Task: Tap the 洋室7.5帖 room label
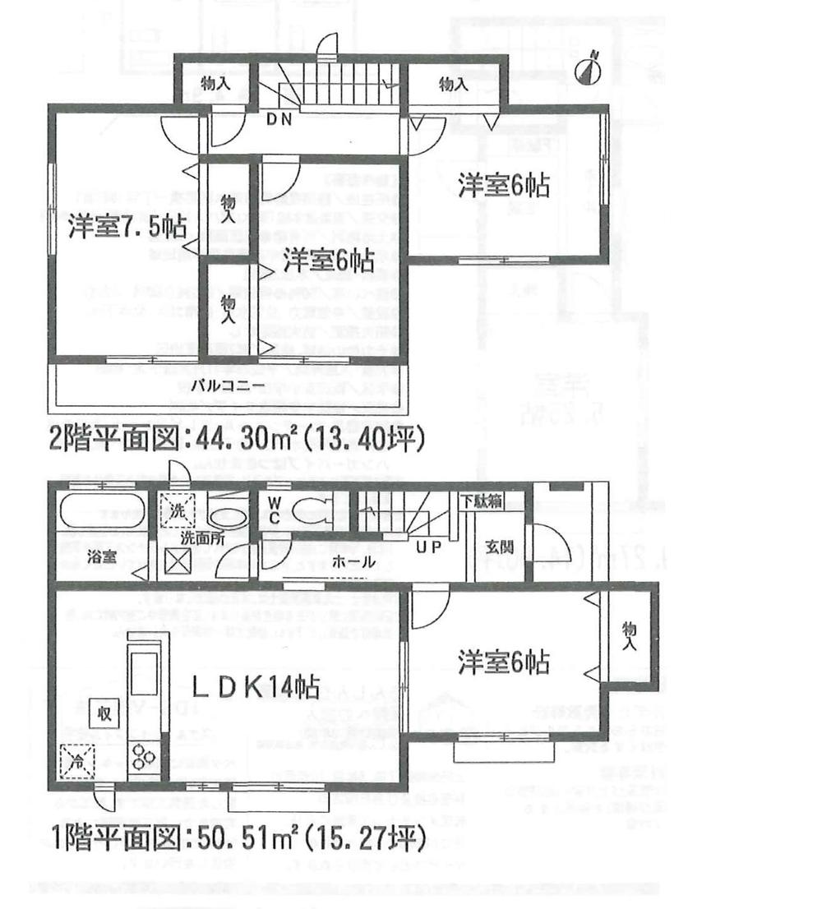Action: (x=127, y=226)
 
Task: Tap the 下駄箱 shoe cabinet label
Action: (x=480, y=501)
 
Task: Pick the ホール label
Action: (x=355, y=562)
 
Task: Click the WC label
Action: (x=274, y=510)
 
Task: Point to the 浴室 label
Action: (x=102, y=556)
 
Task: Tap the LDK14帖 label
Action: (x=256, y=686)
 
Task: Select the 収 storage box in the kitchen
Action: (x=104, y=713)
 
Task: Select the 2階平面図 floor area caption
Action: (x=237, y=440)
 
